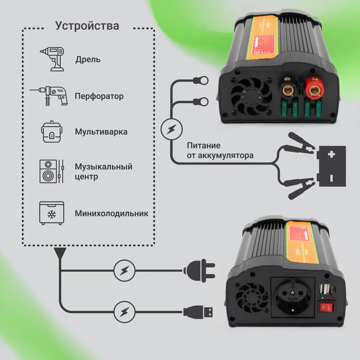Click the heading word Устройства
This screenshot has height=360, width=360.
(87, 26)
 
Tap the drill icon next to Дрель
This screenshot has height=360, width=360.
(50, 59)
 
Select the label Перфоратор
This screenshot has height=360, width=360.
(99, 96)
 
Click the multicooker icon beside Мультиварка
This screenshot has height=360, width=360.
(50, 132)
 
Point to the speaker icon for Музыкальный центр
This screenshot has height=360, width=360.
(50, 172)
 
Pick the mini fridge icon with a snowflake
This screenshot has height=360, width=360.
(50, 212)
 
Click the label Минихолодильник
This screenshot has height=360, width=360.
(111, 213)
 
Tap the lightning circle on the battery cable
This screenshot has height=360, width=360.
(172, 128)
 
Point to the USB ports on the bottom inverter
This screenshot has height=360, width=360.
(329, 283)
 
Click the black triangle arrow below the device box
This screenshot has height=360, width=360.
(60, 254)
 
